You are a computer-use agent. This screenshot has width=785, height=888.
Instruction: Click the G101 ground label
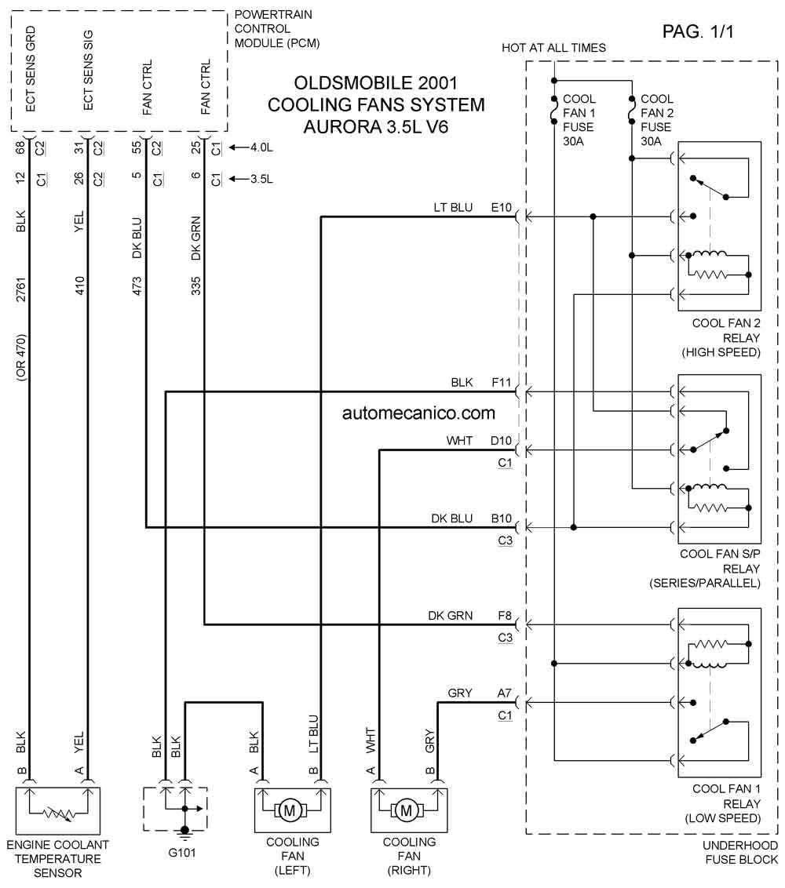point(182,853)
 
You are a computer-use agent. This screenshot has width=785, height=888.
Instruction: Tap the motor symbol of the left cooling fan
point(290,810)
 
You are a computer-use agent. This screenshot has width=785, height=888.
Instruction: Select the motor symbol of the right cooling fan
point(407,810)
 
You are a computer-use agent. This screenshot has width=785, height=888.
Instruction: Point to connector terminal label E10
point(501,207)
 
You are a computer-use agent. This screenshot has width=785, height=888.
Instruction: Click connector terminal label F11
point(501,382)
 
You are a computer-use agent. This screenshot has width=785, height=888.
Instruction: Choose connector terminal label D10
point(501,441)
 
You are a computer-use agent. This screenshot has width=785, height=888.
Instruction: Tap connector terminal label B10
point(501,519)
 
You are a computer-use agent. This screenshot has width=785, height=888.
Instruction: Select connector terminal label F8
point(505,615)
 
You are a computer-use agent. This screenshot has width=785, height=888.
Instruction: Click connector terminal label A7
point(505,693)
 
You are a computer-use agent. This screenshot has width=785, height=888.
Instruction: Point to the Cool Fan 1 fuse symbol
point(554,110)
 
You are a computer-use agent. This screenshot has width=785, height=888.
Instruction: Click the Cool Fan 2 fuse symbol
point(632,110)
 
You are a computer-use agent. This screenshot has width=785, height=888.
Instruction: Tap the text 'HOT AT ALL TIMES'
point(553,48)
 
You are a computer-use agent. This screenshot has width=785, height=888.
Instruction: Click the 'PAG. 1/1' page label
point(698,31)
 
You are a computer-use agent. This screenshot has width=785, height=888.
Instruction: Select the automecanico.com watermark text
point(419,413)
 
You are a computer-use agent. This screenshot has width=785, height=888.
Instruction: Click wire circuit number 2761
point(20,289)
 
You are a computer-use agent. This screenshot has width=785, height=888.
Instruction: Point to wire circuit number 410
point(79,286)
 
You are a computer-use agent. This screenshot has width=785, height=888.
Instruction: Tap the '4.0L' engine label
point(262,147)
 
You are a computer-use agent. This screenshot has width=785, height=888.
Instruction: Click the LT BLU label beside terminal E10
point(453,207)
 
